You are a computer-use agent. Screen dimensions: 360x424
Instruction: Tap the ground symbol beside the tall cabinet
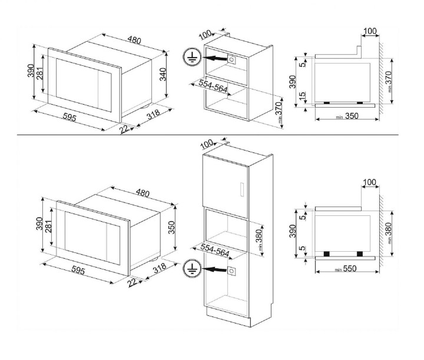click(191, 269)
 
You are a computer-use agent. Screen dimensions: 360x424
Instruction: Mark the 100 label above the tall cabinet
click(207, 144)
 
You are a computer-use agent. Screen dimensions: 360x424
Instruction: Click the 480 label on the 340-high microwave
click(135, 40)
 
